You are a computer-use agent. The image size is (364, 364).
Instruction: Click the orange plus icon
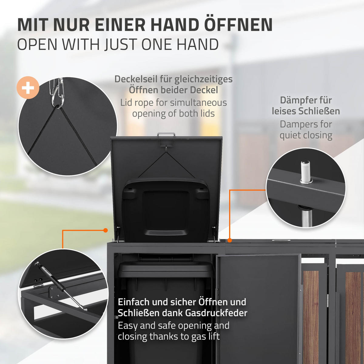[28, 88]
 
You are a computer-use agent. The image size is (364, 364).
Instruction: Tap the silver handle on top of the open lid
[166, 134]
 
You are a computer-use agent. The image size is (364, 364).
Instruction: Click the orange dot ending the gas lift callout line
[106, 231]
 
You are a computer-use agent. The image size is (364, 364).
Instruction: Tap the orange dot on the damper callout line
[230, 240]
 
